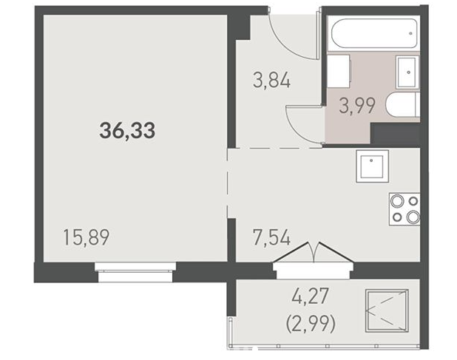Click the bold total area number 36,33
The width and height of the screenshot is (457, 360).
[x=127, y=131]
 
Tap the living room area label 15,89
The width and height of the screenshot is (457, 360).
[x=87, y=237]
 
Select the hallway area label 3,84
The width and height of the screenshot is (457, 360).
[x=271, y=81]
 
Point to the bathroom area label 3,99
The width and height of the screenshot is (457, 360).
[x=356, y=106]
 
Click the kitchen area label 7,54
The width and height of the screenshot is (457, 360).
[x=271, y=237]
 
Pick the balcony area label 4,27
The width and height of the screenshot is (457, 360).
[x=310, y=296]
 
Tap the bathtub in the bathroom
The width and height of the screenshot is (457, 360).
[x=373, y=33]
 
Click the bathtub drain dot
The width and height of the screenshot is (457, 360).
[x=410, y=33]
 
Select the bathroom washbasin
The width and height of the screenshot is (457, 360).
[x=407, y=72]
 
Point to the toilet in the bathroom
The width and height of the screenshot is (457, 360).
[x=403, y=105]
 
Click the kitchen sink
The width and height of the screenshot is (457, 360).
[x=372, y=166]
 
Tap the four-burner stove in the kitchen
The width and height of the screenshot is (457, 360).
[x=404, y=209]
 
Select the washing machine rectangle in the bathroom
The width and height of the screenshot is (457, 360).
[x=339, y=72]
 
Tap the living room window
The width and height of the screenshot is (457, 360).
[x=135, y=272]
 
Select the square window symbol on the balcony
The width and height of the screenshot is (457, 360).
[x=387, y=310]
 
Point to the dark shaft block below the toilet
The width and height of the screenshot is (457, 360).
[x=395, y=135]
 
